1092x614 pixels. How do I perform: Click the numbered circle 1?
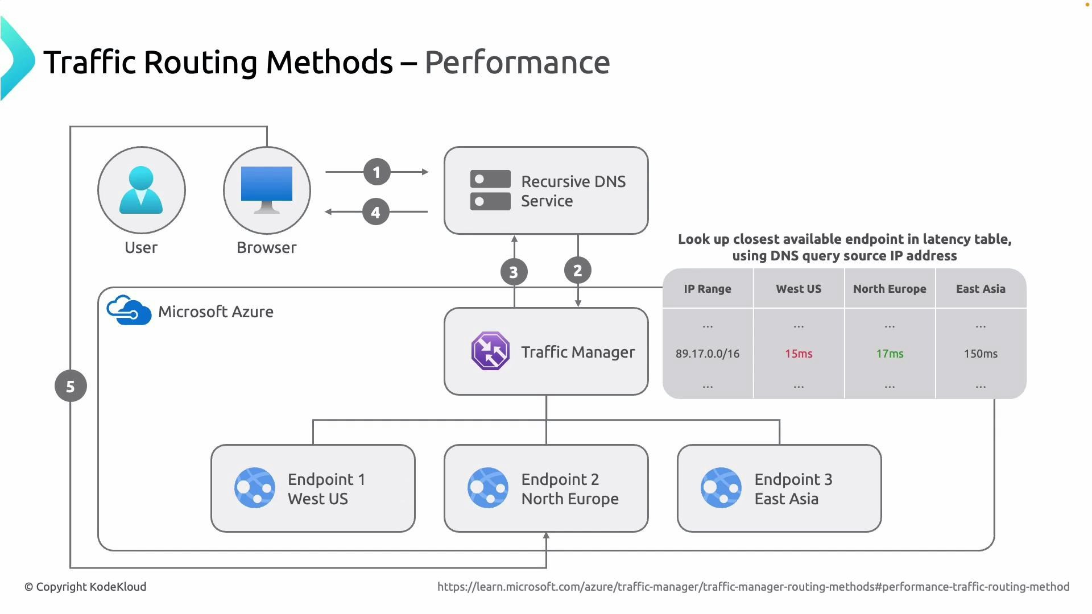pos(377,172)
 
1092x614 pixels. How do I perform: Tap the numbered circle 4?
pos(375,212)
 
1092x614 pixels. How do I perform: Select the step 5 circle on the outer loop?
pos(71,386)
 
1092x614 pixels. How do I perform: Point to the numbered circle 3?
pos(514,272)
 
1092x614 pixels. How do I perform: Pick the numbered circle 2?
pos(577,271)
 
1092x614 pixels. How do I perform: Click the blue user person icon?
pos(141,190)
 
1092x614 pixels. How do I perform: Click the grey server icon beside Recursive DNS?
pos(490,190)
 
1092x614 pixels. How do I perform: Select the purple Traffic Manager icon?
pos(490,351)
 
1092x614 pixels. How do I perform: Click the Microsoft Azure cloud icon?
pos(129,310)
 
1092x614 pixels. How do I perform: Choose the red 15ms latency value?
pos(799,354)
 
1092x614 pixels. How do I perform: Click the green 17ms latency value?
pos(890,354)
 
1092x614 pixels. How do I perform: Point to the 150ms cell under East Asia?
pos(981,354)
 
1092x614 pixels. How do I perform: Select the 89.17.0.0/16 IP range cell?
pos(708,354)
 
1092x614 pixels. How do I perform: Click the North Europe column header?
pos(890,289)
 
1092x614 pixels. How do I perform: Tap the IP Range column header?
pos(708,289)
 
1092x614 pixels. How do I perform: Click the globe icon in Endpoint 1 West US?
pos(255,488)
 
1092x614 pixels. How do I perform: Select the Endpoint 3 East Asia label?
pos(793,489)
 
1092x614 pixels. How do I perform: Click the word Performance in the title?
pos(517,62)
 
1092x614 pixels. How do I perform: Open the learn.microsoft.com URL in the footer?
pos(753,587)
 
